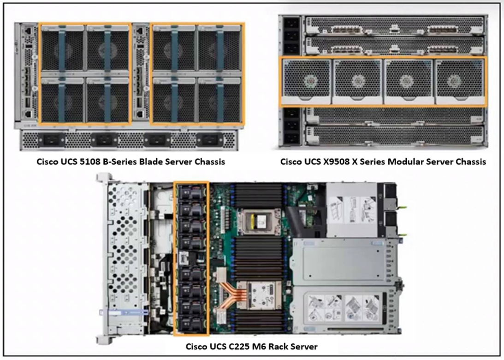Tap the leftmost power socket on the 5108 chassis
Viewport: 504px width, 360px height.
tap(52, 140)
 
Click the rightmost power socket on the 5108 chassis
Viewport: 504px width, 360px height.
tap(210, 140)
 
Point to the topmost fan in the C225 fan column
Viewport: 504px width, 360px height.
tap(191, 192)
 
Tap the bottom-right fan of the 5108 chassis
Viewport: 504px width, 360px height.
tap(219, 100)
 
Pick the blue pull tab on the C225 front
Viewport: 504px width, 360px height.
tap(124, 312)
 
